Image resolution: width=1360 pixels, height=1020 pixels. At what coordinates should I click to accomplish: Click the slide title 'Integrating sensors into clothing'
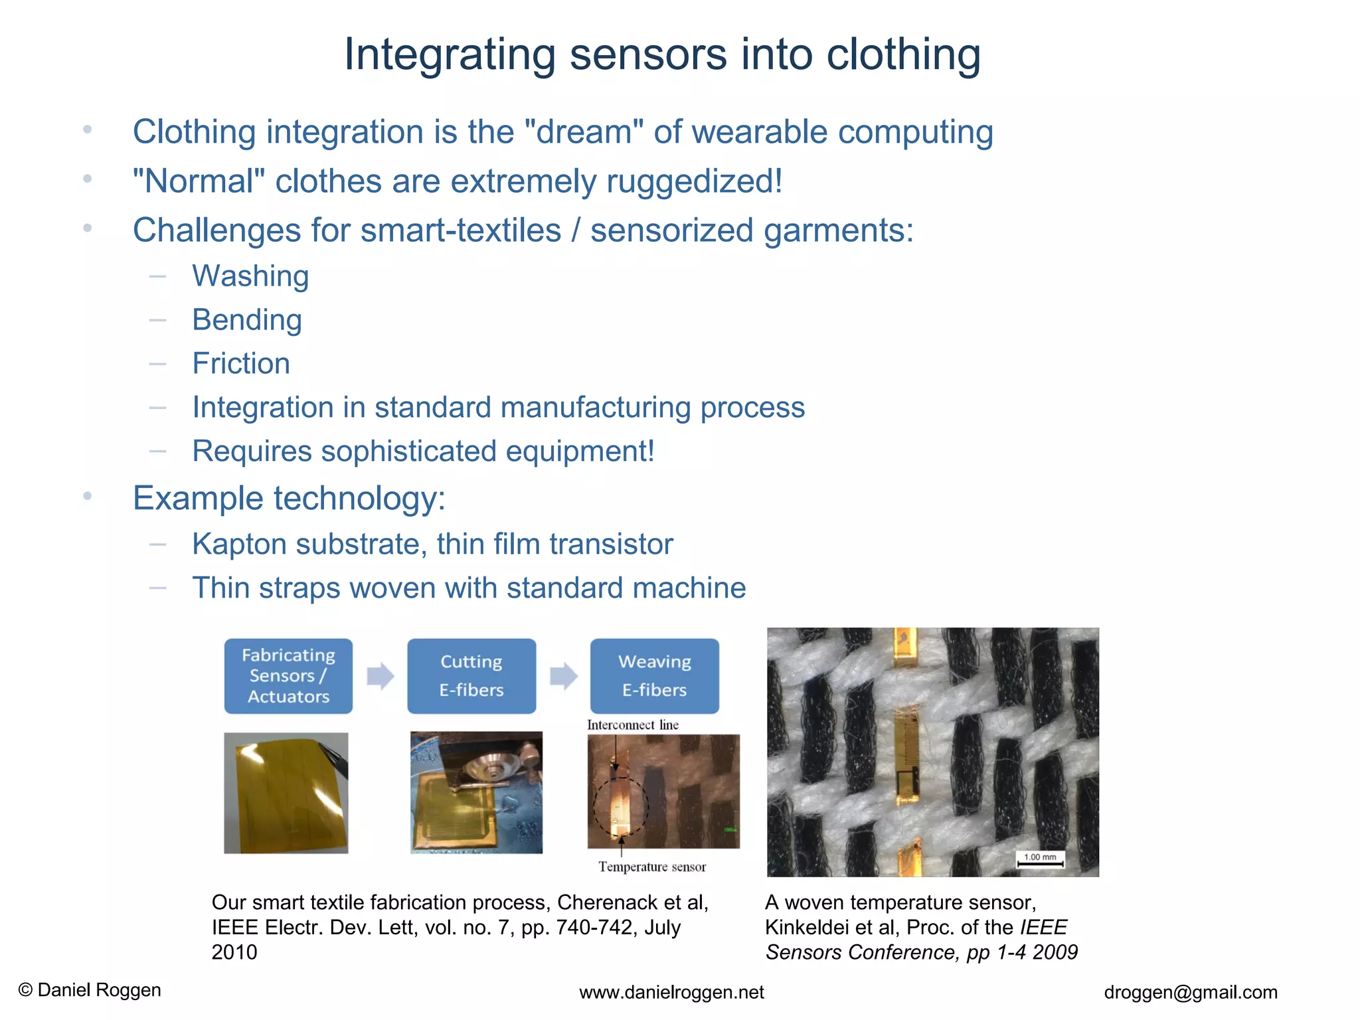pyautogui.click(x=662, y=54)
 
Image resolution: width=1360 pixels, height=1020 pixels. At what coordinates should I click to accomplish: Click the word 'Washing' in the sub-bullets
pyautogui.click(x=250, y=276)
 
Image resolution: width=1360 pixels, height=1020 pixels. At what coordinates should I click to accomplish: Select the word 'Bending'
pyautogui.click(x=247, y=320)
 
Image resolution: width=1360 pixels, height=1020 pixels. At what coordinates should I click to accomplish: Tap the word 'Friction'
pyautogui.click(x=241, y=364)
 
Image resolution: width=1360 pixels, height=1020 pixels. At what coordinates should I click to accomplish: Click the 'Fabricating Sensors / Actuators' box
pyautogui.click(x=288, y=676)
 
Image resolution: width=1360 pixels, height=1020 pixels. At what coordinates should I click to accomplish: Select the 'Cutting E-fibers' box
pyautogui.click(x=471, y=676)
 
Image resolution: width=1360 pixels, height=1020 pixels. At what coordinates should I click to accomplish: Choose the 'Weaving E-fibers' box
pyautogui.click(x=655, y=676)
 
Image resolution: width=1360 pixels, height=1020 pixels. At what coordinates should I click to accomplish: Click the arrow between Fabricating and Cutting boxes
pyautogui.click(x=381, y=676)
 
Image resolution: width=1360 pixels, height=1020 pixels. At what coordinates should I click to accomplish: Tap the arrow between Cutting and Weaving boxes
pyautogui.click(x=564, y=676)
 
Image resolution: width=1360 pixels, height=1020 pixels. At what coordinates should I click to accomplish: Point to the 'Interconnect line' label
pyautogui.click(x=633, y=725)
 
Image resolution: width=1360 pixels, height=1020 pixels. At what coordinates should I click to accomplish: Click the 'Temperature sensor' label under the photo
pyautogui.click(x=652, y=867)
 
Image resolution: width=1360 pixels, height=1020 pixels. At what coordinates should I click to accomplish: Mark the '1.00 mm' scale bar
pyautogui.click(x=1041, y=860)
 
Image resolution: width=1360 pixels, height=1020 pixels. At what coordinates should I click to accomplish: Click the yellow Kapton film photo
pyautogui.click(x=286, y=793)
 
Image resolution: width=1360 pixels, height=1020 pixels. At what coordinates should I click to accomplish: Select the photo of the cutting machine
pyautogui.click(x=476, y=792)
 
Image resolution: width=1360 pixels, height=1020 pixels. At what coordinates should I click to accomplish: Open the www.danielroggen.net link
pyautogui.click(x=671, y=992)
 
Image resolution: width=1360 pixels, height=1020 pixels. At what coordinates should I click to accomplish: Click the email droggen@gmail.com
pyautogui.click(x=1191, y=992)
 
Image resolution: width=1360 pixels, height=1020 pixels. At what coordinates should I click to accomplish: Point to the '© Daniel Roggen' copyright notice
pyautogui.click(x=90, y=990)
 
